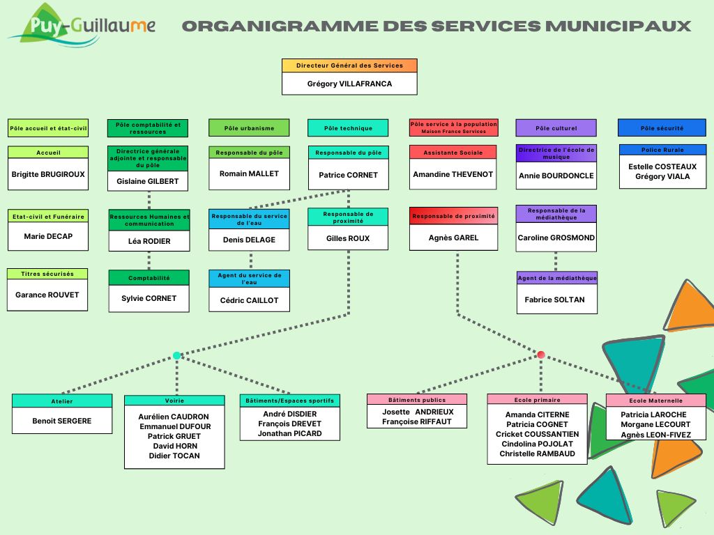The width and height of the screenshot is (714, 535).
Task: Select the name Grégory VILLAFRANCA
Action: point(349,84)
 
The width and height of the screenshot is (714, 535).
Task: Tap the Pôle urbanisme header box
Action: point(249,128)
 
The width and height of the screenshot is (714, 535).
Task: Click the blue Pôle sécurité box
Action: point(662,128)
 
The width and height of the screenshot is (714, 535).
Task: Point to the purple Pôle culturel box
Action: point(556,128)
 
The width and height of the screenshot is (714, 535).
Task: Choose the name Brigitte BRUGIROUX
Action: point(48,174)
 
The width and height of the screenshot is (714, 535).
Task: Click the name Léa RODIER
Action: point(149,241)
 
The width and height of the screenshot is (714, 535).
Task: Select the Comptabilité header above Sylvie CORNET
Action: point(149,278)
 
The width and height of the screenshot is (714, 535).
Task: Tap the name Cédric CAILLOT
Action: point(249,300)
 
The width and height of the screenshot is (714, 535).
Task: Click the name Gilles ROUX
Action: point(348,238)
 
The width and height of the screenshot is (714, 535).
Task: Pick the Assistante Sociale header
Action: point(453,153)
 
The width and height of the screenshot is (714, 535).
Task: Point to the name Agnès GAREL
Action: point(453,238)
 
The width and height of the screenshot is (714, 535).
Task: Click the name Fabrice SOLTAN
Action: point(555,300)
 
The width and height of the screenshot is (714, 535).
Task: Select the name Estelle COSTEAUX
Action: point(662,166)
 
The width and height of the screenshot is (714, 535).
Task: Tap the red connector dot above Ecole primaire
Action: point(541,355)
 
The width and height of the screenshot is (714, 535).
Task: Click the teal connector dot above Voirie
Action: point(176,355)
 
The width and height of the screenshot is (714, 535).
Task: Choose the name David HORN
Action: point(175,446)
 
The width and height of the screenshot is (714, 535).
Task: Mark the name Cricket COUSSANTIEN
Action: point(537,434)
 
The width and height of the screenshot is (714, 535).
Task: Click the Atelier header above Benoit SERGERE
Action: point(62,401)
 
